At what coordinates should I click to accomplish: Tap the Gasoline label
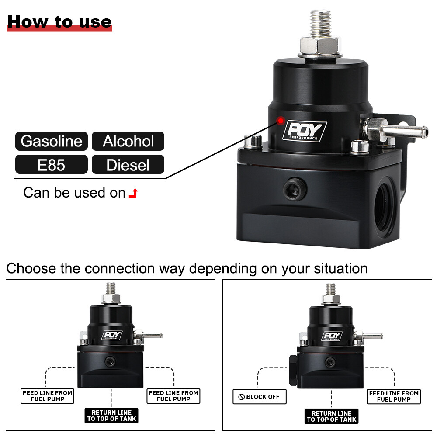coord(51,141)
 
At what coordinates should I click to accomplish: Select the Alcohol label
coord(128,141)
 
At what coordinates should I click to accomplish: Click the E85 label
coord(51,165)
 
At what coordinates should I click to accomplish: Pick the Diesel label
coord(128,165)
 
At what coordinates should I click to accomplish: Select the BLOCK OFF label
coord(259,397)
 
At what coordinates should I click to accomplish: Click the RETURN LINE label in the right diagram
coord(331,416)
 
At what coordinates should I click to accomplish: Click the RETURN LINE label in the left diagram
coord(112,416)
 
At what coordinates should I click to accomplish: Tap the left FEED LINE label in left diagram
coord(48,396)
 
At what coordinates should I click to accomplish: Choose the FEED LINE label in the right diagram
coord(393,396)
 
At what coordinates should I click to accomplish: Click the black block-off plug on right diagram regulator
coord(293,370)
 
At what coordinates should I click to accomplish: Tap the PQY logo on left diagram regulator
coord(112,336)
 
